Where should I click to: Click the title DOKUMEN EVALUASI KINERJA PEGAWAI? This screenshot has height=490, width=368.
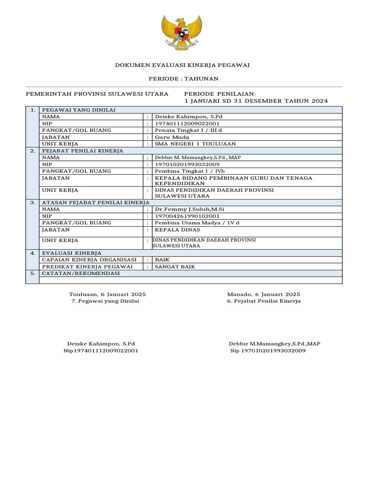[x=183, y=65]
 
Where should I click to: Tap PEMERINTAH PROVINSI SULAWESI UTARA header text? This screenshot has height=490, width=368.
[x=97, y=94]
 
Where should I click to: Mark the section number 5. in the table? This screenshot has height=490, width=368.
[x=33, y=273]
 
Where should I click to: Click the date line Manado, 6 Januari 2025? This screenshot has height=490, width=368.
[x=264, y=294]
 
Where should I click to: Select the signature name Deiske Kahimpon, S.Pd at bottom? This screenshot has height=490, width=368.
[x=101, y=344]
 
